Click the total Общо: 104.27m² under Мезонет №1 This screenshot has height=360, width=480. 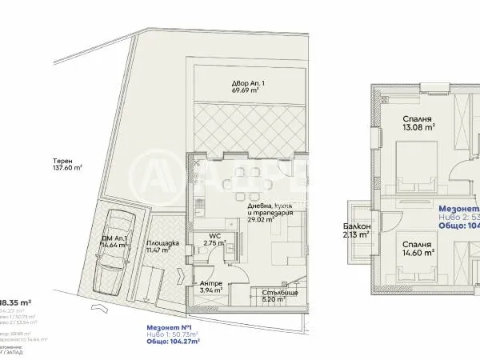[171, 341]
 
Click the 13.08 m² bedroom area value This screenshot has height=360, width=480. [418, 126]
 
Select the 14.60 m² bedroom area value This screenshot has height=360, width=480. [418, 251]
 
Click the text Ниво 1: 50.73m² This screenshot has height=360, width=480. [171, 334]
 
